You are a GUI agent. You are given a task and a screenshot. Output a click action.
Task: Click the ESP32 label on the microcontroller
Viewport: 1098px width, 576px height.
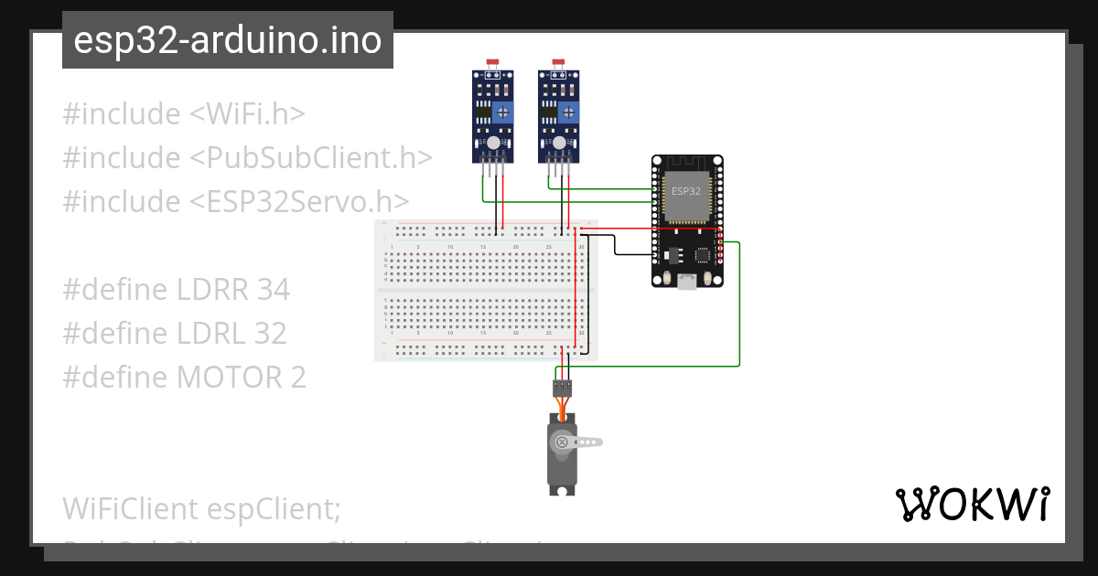coord(686,191)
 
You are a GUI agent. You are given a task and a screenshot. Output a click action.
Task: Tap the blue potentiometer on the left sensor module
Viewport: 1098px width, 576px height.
coord(502,112)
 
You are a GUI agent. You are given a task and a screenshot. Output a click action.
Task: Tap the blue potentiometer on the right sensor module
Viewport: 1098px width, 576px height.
coord(569,112)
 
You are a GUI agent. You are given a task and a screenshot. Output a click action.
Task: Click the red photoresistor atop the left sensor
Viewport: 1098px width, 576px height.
coord(493,63)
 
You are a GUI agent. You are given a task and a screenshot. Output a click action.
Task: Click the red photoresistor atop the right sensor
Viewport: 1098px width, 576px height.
coord(559,63)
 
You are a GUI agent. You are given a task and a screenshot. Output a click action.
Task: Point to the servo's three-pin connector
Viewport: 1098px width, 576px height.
coord(562,388)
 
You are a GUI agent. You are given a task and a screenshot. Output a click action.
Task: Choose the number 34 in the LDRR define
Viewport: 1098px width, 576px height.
coord(273,290)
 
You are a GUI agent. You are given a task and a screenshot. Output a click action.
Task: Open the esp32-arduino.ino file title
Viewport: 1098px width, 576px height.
coord(227,40)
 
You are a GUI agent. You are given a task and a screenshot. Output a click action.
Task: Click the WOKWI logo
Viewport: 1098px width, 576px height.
coord(972,504)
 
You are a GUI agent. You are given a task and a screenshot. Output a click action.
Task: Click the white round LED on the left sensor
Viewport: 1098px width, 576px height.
coord(493,144)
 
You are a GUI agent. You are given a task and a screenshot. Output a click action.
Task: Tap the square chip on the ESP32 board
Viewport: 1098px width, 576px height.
coord(702,256)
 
